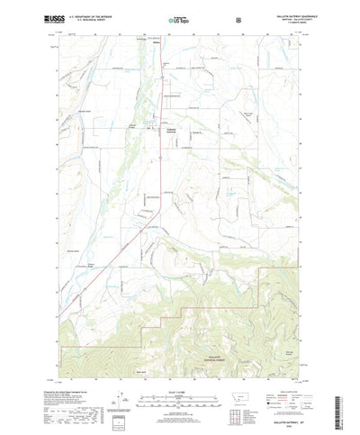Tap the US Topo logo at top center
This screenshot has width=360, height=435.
176,18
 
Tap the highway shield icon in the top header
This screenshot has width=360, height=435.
238,18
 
